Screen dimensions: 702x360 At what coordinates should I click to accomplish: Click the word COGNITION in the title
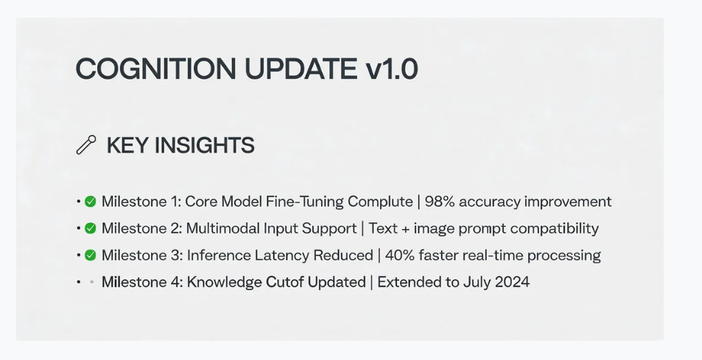tap(156, 69)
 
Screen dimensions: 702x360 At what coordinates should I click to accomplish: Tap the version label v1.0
tap(392, 69)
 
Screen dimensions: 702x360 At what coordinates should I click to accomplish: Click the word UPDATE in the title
tap(301, 69)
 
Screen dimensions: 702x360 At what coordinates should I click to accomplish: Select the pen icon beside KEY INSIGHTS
tap(86, 145)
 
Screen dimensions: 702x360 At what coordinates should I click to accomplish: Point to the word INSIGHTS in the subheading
tap(205, 146)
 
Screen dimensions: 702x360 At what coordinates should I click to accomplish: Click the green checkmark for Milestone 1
tap(91, 202)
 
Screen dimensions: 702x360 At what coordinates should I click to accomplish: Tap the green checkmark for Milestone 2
tap(91, 228)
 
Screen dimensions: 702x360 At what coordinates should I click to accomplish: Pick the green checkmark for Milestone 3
tap(91, 255)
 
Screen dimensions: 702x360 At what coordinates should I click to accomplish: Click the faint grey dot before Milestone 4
tap(91, 282)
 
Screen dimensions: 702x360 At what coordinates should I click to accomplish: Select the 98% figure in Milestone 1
tap(440, 202)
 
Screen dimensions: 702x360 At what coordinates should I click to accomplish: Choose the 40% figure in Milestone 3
tap(400, 255)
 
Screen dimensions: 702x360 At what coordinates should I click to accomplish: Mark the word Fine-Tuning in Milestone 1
tap(305, 202)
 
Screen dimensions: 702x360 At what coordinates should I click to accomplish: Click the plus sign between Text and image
tap(405, 229)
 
